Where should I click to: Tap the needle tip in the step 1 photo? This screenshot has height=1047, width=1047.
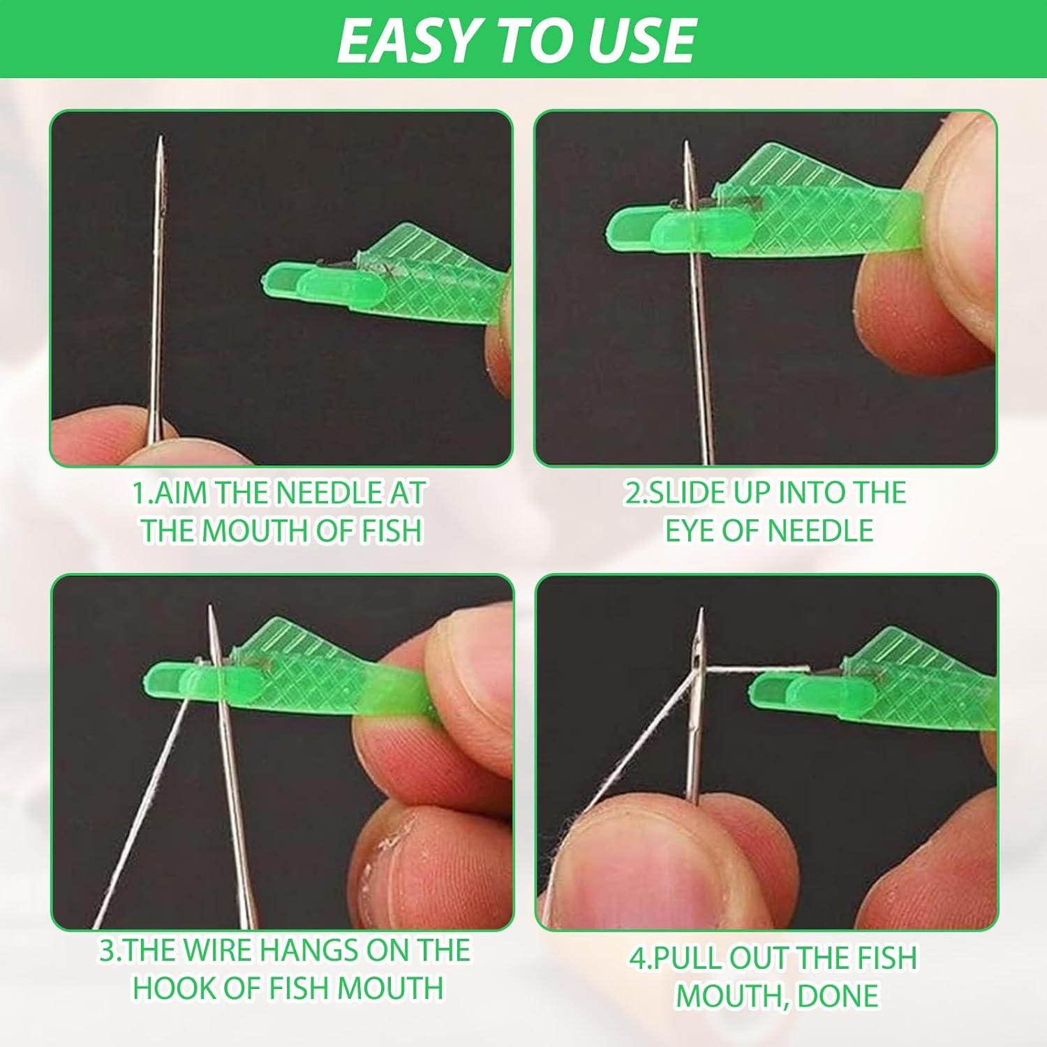coord(161,140)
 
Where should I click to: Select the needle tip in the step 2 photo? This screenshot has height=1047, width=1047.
coord(686,144)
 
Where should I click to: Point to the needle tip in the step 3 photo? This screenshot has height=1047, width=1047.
coord(210,609)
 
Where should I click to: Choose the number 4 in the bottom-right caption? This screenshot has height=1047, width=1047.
coord(637,958)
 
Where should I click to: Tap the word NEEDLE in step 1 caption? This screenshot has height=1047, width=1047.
coord(326,493)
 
